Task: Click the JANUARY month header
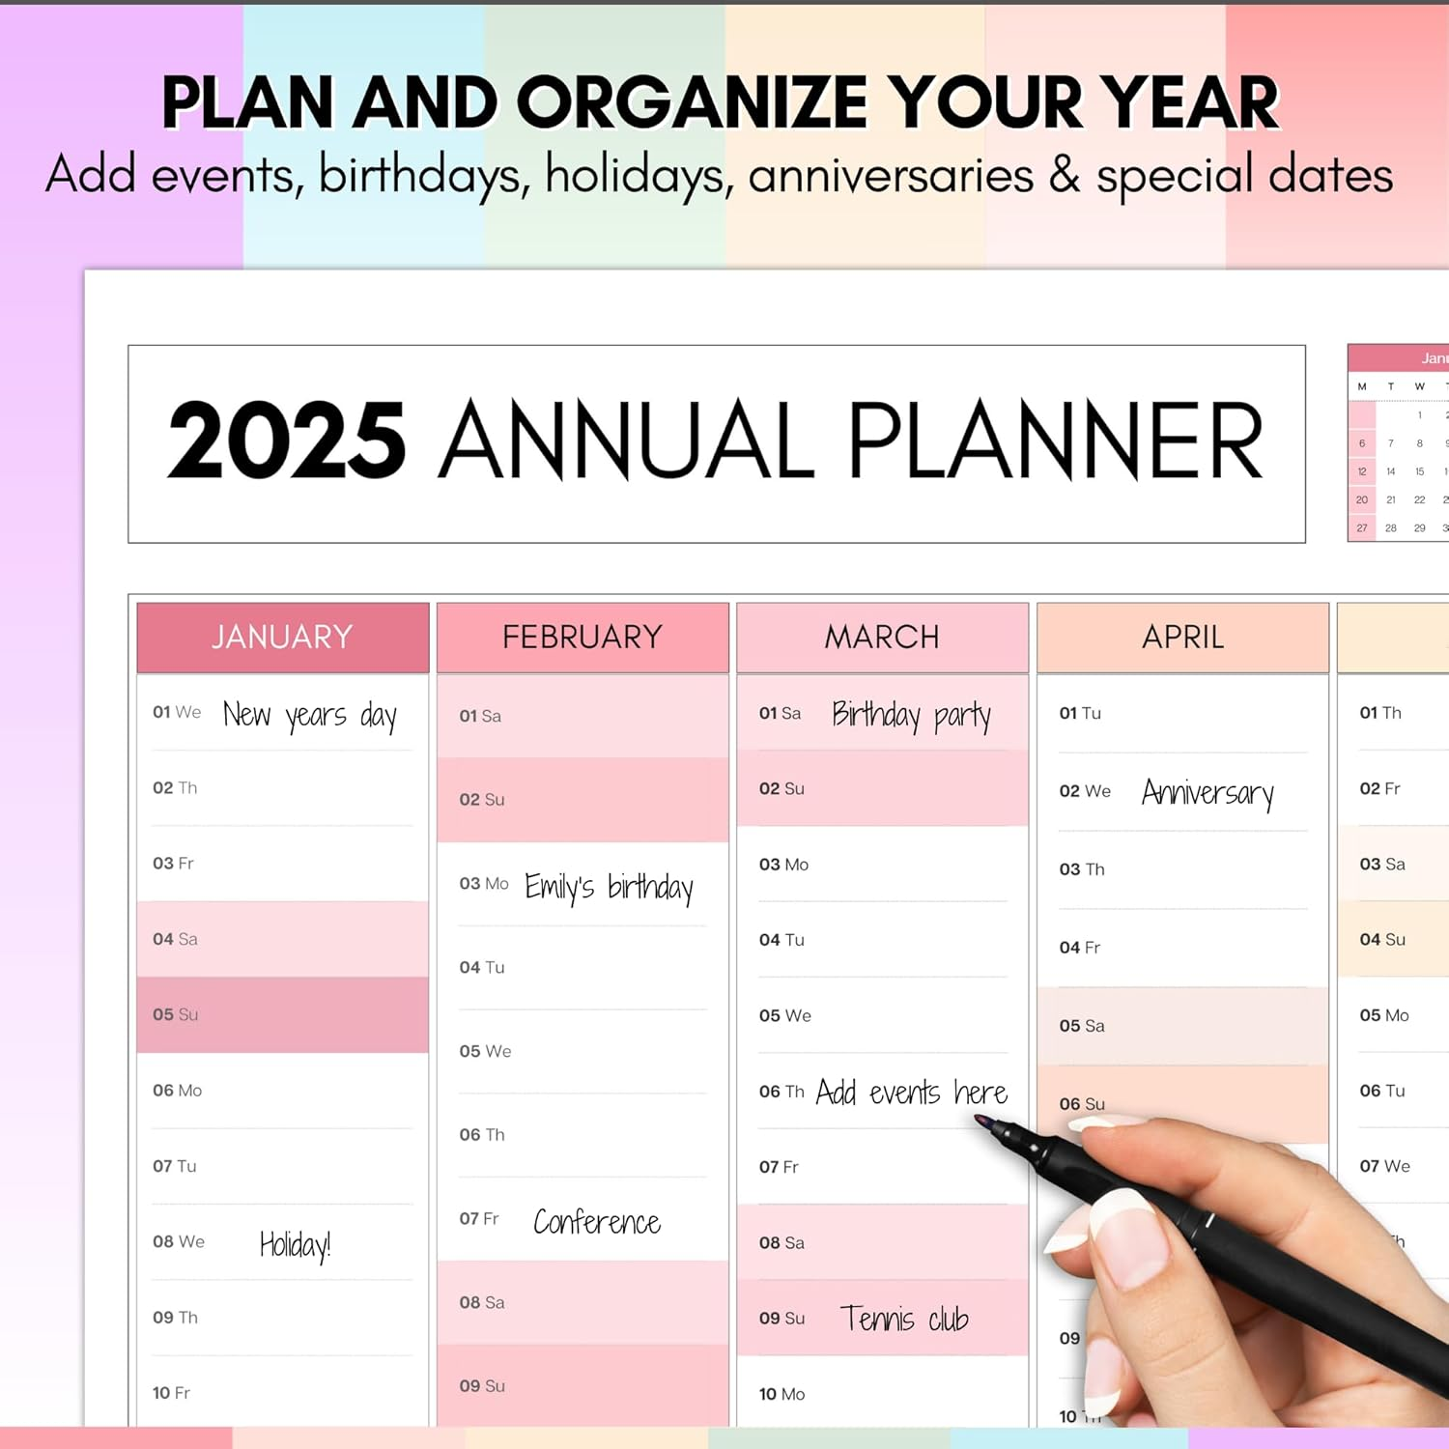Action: click(282, 638)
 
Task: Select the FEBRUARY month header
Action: click(582, 638)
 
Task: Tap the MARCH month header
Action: click(882, 638)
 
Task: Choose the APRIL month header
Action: click(1182, 638)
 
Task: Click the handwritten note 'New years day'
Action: click(310, 716)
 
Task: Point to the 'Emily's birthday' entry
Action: click(609, 887)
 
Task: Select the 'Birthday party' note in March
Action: click(911, 716)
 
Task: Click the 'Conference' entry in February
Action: click(597, 1223)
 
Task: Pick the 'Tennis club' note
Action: click(904, 1320)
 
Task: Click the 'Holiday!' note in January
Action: click(295, 1244)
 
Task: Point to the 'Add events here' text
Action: click(911, 1093)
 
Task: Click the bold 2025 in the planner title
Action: click(287, 441)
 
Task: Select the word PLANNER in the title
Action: click(1055, 441)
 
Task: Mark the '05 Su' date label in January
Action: click(175, 1014)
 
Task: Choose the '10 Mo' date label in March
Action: click(781, 1394)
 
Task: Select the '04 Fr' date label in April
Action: click(1079, 948)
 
